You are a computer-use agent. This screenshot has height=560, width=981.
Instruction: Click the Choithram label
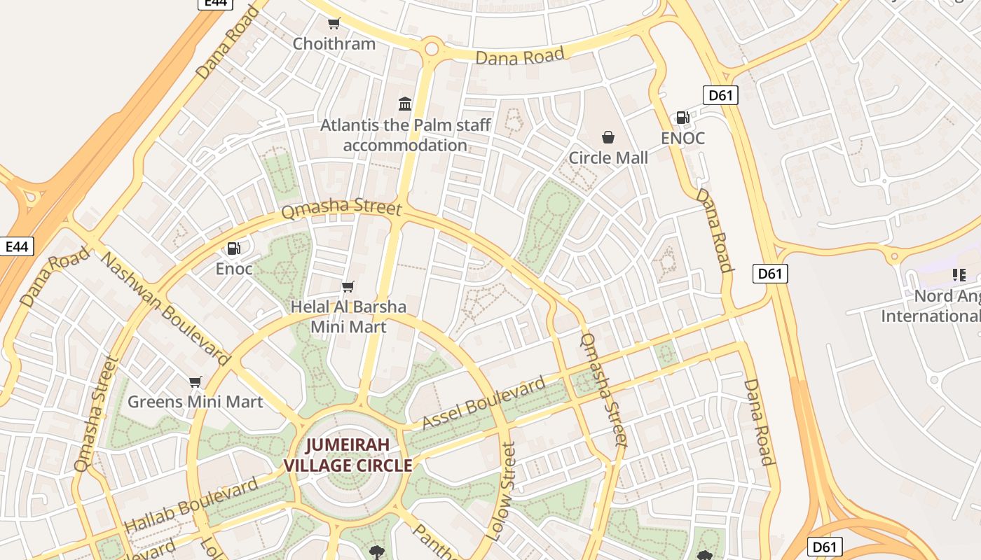(334, 43)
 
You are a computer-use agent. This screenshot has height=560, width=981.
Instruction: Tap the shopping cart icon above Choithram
(334, 24)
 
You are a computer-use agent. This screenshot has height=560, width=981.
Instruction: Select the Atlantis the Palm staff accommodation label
(406, 135)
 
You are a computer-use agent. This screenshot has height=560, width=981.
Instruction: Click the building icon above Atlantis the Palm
(405, 104)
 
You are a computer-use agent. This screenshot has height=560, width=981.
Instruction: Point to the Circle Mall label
(608, 157)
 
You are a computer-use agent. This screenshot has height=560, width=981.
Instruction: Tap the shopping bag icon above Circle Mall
(608, 137)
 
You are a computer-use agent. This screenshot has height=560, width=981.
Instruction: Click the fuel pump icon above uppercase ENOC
(682, 118)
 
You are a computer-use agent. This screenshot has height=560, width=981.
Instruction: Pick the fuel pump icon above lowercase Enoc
(233, 248)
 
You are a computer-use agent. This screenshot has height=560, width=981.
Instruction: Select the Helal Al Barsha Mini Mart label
(348, 316)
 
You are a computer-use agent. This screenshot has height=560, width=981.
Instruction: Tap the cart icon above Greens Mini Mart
(195, 381)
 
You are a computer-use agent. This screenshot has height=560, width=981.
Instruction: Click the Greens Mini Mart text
(195, 402)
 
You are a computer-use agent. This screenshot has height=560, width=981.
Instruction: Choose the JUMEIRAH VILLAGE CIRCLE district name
(348, 455)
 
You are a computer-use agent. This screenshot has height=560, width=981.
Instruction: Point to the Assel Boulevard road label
(483, 404)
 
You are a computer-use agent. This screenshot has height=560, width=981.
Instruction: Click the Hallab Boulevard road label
(191, 505)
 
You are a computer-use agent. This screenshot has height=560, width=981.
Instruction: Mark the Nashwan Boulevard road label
(165, 309)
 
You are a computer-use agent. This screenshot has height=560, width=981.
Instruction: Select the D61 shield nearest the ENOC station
(720, 95)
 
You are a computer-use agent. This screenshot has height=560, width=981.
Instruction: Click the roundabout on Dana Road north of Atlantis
(431, 49)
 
